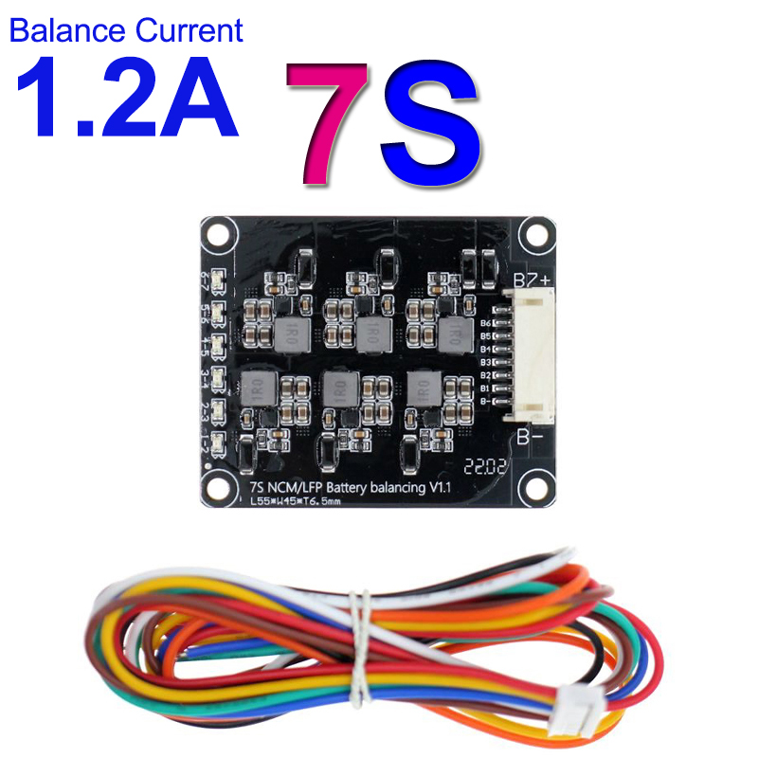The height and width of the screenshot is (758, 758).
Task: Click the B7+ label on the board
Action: coord(531,279)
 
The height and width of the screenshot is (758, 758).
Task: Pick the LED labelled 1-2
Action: coord(218,441)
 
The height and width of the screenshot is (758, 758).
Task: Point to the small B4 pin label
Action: coord(485,349)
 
